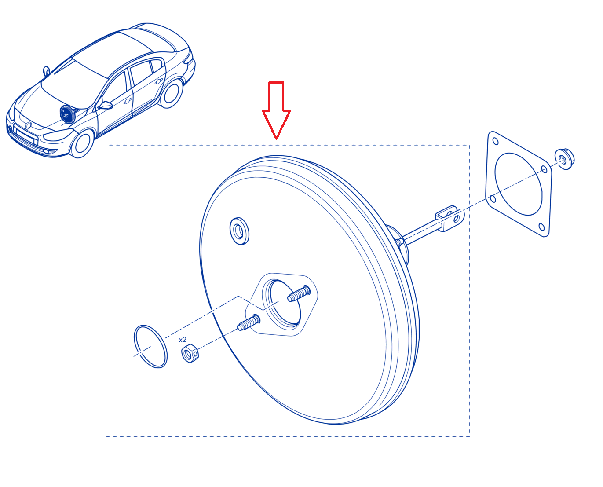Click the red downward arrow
point(276,110)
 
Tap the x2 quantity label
point(183,340)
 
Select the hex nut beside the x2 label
point(190,353)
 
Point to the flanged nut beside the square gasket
point(564,159)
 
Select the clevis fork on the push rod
point(450,218)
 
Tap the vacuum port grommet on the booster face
point(239,231)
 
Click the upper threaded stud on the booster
point(299,294)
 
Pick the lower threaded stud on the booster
point(249,323)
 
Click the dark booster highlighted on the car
point(67,114)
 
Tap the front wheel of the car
point(82,143)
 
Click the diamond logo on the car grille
point(28,125)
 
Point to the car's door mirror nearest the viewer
point(105,105)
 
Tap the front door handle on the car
point(128,100)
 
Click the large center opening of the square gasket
point(519,184)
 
